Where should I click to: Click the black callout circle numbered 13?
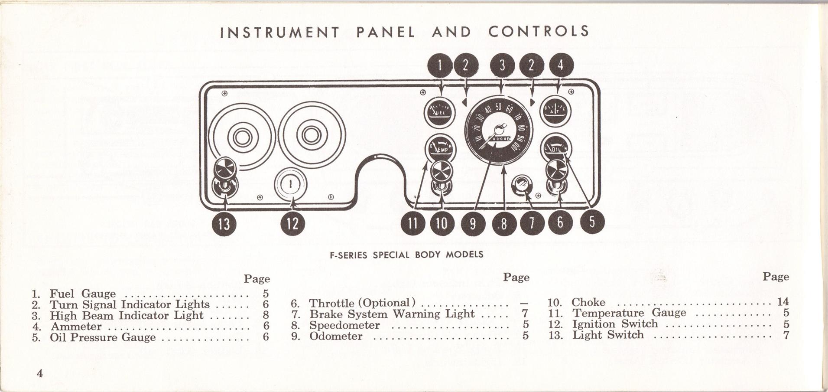[224, 224]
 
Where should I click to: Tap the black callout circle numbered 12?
[293, 224]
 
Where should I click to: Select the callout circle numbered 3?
[502, 65]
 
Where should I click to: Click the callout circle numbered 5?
[591, 222]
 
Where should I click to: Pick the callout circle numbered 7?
[532, 222]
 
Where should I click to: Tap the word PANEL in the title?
[386, 32]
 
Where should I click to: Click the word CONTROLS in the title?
[539, 31]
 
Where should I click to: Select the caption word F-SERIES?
[349, 255]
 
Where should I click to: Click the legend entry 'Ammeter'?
[76, 326]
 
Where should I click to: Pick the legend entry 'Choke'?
[588, 302]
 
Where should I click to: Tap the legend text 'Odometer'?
[336, 336]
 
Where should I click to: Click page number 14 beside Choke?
[783, 302]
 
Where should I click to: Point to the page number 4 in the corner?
[40, 373]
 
